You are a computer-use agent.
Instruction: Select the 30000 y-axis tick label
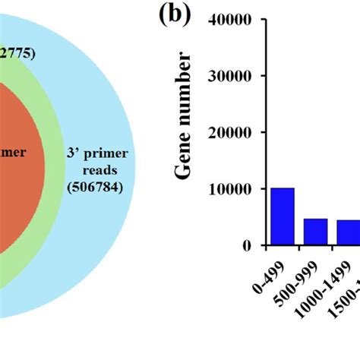coord(238,76)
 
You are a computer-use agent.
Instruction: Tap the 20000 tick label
coord(238,132)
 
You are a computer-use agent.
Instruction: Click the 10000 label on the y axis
coord(238,188)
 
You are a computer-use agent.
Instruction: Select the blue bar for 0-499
coord(283,216)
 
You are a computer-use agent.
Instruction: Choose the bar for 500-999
coord(315,232)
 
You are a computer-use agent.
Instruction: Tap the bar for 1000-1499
coord(346,232)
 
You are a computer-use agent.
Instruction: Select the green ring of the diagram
coord(55,197)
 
